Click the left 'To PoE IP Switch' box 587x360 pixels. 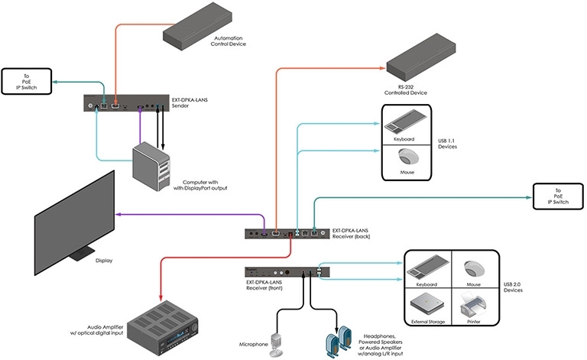click(28, 81)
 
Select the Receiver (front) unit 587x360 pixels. click(287, 271)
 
